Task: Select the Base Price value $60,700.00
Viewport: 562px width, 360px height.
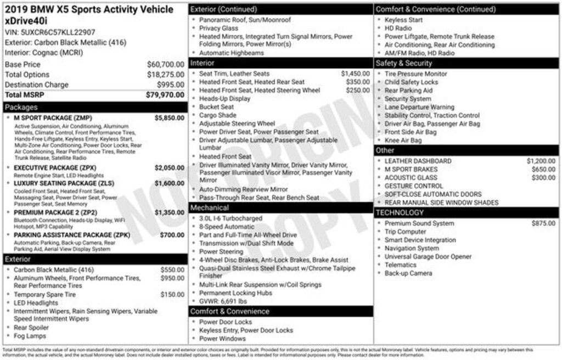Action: (x=165, y=64)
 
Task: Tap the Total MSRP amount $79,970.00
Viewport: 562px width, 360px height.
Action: (x=165, y=95)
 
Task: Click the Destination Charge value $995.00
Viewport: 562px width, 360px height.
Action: (x=170, y=85)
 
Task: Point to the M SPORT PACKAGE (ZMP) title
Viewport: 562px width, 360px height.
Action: (x=53, y=118)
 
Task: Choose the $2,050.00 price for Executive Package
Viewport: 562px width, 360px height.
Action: (x=169, y=168)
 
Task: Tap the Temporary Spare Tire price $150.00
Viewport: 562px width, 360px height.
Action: (x=172, y=295)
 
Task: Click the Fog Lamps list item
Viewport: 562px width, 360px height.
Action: (x=30, y=336)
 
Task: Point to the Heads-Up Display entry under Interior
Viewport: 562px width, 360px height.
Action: (x=224, y=99)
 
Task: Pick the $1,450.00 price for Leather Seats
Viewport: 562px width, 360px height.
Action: (x=355, y=74)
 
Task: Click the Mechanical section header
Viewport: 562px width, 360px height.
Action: (x=210, y=208)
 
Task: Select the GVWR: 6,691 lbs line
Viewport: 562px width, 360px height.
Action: (x=223, y=301)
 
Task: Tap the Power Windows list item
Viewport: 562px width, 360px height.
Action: (x=223, y=339)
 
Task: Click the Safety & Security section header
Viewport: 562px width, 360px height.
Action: (x=404, y=64)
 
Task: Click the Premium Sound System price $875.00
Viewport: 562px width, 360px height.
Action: (x=543, y=223)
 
